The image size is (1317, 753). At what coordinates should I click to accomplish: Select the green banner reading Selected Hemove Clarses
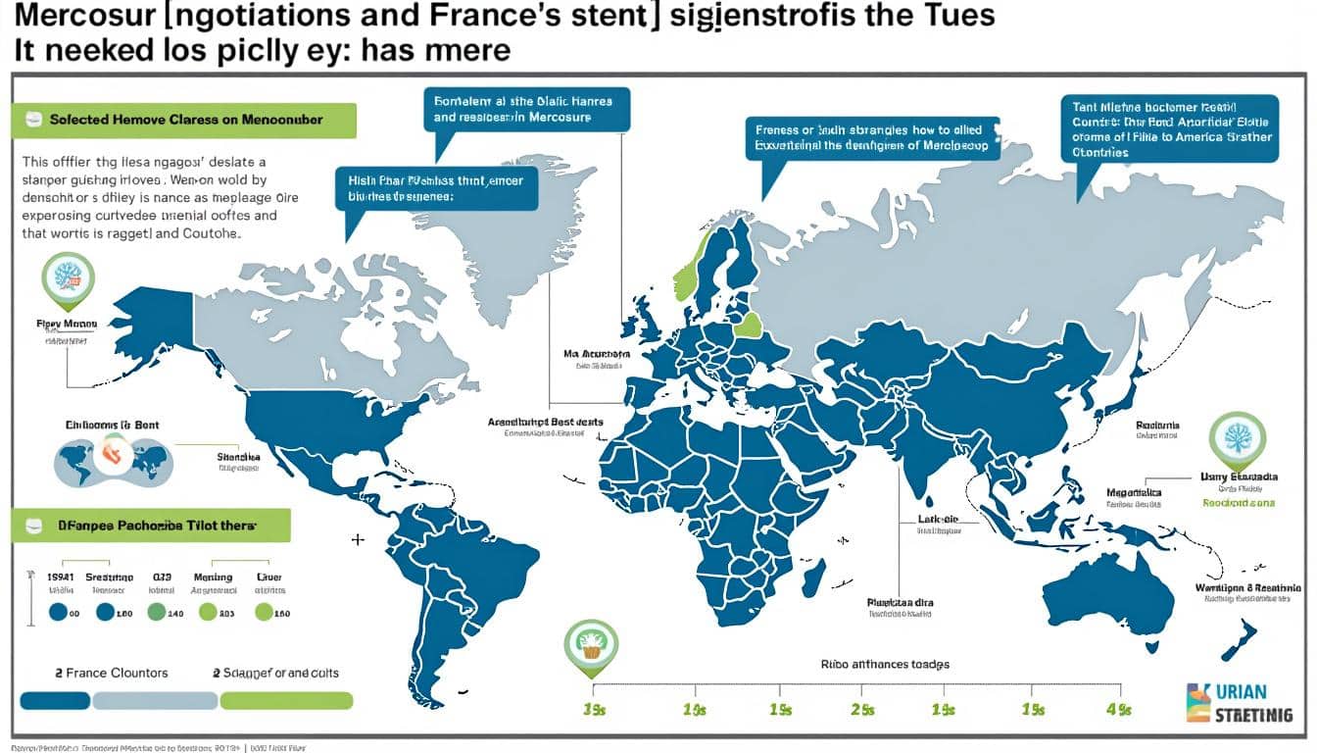coord(184,120)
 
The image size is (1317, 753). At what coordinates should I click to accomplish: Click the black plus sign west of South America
coord(358,539)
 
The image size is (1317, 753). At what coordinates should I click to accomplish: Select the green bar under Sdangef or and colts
coord(286,700)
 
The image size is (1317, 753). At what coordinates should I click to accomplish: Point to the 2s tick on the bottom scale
coord(863,708)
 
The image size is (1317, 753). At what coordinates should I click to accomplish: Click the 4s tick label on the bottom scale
coord(1118,708)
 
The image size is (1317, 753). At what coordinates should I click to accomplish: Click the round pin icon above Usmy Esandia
coord(1237,438)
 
